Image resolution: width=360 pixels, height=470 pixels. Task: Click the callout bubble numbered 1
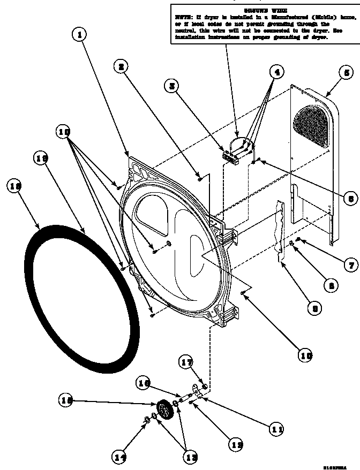pos(79,35)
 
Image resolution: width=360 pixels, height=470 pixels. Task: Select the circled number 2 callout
pos(122,66)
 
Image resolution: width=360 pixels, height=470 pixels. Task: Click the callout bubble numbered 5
pos(345,72)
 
